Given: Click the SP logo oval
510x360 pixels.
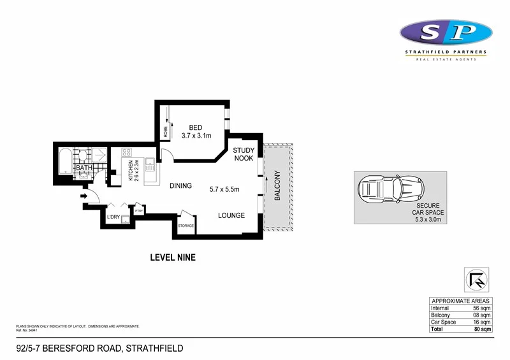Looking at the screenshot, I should tap(446, 31).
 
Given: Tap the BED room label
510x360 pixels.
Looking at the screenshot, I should tap(191, 127).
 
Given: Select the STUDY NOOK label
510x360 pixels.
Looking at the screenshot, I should tap(244, 154).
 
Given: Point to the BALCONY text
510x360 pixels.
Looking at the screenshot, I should tap(277, 186).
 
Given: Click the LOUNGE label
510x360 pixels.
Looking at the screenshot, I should tap(231, 215).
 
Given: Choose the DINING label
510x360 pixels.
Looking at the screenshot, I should tap(180, 186).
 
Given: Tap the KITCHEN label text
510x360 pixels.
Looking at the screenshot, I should tap(131, 171).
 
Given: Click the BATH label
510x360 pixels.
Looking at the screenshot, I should tap(84, 169).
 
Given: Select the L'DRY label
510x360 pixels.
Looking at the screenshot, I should tap(114, 218).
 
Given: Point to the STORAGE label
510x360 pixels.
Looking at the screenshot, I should tap(186, 226).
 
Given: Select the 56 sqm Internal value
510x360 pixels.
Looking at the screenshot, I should tap(481, 308).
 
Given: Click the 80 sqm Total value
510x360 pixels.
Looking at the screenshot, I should tap(481, 329).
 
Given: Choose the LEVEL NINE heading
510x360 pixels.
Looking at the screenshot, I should tap(172, 258).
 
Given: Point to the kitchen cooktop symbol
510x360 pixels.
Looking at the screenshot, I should tap(126, 153).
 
